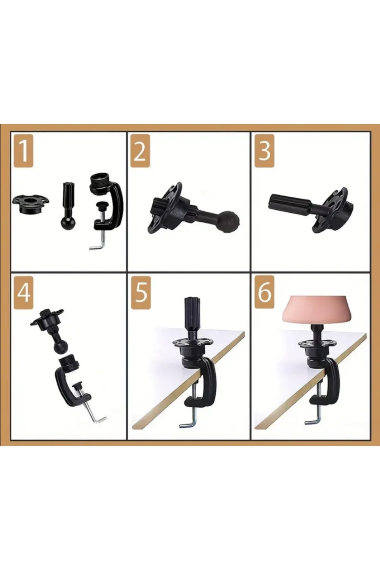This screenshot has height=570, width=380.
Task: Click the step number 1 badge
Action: point(23,151)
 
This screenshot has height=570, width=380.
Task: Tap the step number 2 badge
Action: point(140,151)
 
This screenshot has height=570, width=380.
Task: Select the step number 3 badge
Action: point(265,151)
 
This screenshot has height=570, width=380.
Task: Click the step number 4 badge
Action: point(23,293)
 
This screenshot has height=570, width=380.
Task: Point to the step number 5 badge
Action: point(141,293)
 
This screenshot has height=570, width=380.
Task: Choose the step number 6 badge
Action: point(265,293)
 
